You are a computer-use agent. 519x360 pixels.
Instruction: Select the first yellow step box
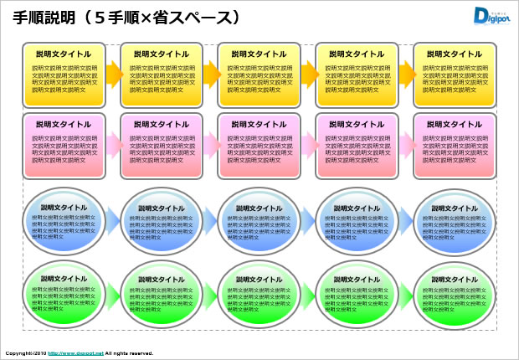(x=64, y=75)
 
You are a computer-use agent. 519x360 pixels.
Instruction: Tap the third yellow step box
(x=259, y=75)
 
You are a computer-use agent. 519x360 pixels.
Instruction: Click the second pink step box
(x=161, y=146)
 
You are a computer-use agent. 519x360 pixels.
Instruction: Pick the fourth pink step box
(x=357, y=146)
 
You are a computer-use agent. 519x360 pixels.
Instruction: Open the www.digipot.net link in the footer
(x=75, y=353)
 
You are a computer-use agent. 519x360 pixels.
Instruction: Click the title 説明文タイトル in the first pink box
(x=64, y=125)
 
